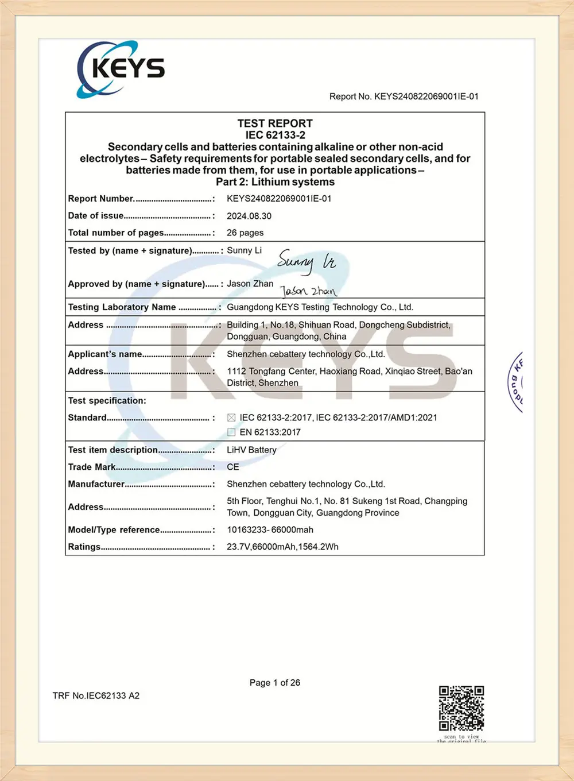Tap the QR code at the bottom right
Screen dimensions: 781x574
[x=461, y=708]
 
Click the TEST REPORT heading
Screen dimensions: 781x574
[x=275, y=123]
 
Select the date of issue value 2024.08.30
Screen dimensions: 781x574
[x=249, y=216]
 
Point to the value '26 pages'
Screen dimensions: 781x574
[x=245, y=233]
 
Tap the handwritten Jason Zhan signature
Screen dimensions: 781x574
[x=308, y=291]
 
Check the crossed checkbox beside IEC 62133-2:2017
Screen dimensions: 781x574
[x=231, y=417]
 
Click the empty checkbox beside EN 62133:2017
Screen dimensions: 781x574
[x=231, y=432]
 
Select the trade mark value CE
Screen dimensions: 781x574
[x=233, y=467]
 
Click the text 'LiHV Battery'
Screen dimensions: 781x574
[x=251, y=450]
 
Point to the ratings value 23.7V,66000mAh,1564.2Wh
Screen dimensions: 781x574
[x=282, y=547]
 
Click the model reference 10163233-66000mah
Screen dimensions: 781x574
[x=270, y=529]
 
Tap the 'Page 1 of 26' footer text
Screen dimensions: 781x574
[x=275, y=682]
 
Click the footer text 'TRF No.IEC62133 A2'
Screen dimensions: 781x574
[x=96, y=695]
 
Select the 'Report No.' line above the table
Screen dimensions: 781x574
[x=404, y=96]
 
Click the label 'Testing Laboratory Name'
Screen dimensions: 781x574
[x=122, y=307]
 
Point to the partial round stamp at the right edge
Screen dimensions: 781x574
[x=516, y=382]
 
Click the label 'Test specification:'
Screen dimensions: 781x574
[x=107, y=400]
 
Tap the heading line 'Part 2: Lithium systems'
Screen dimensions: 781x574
[x=275, y=182]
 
